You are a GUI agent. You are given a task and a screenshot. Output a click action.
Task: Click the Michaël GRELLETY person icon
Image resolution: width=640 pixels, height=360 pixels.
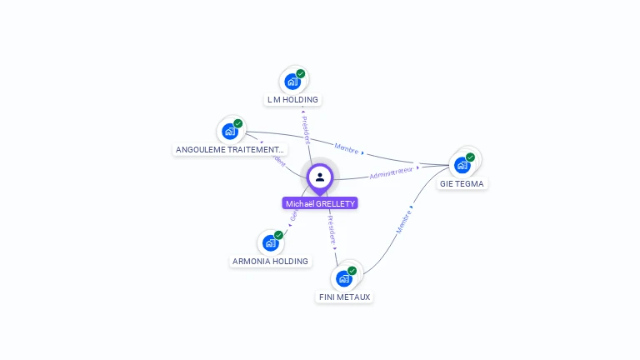click(320, 177)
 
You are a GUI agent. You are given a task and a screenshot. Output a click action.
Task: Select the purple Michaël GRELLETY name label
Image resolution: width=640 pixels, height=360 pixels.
click(320, 203)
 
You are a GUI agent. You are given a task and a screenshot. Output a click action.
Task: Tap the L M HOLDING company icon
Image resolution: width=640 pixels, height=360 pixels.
click(292, 81)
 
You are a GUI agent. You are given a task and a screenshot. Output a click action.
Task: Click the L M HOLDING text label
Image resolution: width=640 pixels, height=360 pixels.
click(292, 100)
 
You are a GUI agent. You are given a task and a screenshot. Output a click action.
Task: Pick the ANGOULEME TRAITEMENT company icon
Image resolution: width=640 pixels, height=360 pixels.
click(230, 131)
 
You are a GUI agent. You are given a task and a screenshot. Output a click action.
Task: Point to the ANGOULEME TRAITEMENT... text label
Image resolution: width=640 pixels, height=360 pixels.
click(230, 150)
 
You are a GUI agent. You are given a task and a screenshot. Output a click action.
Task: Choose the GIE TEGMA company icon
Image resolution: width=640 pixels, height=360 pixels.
click(462, 164)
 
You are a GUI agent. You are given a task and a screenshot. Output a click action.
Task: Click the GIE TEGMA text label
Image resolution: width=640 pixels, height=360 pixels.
click(462, 183)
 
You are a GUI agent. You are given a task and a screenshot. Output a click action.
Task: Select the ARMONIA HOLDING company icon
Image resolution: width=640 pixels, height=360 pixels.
click(270, 242)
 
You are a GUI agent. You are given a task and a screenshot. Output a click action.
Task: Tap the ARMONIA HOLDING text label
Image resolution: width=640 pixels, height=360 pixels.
click(270, 261)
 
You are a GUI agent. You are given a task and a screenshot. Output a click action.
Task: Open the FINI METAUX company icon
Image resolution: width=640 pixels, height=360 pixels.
click(344, 278)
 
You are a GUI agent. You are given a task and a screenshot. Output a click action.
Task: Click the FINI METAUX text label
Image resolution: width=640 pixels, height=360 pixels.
click(344, 297)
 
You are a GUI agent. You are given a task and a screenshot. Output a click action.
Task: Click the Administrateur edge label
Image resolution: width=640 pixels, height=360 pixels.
click(391, 172)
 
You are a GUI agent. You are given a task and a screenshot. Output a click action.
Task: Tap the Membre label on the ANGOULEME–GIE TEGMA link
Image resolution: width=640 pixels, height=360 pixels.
click(347, 149)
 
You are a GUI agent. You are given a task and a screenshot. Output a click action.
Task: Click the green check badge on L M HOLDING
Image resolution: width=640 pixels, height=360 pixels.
click(301, 73)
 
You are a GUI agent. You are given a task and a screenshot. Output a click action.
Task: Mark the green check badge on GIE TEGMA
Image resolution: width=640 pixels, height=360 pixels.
click(470, 157)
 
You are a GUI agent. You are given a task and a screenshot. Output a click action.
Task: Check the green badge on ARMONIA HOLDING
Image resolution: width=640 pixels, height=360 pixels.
click(278, 235)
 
